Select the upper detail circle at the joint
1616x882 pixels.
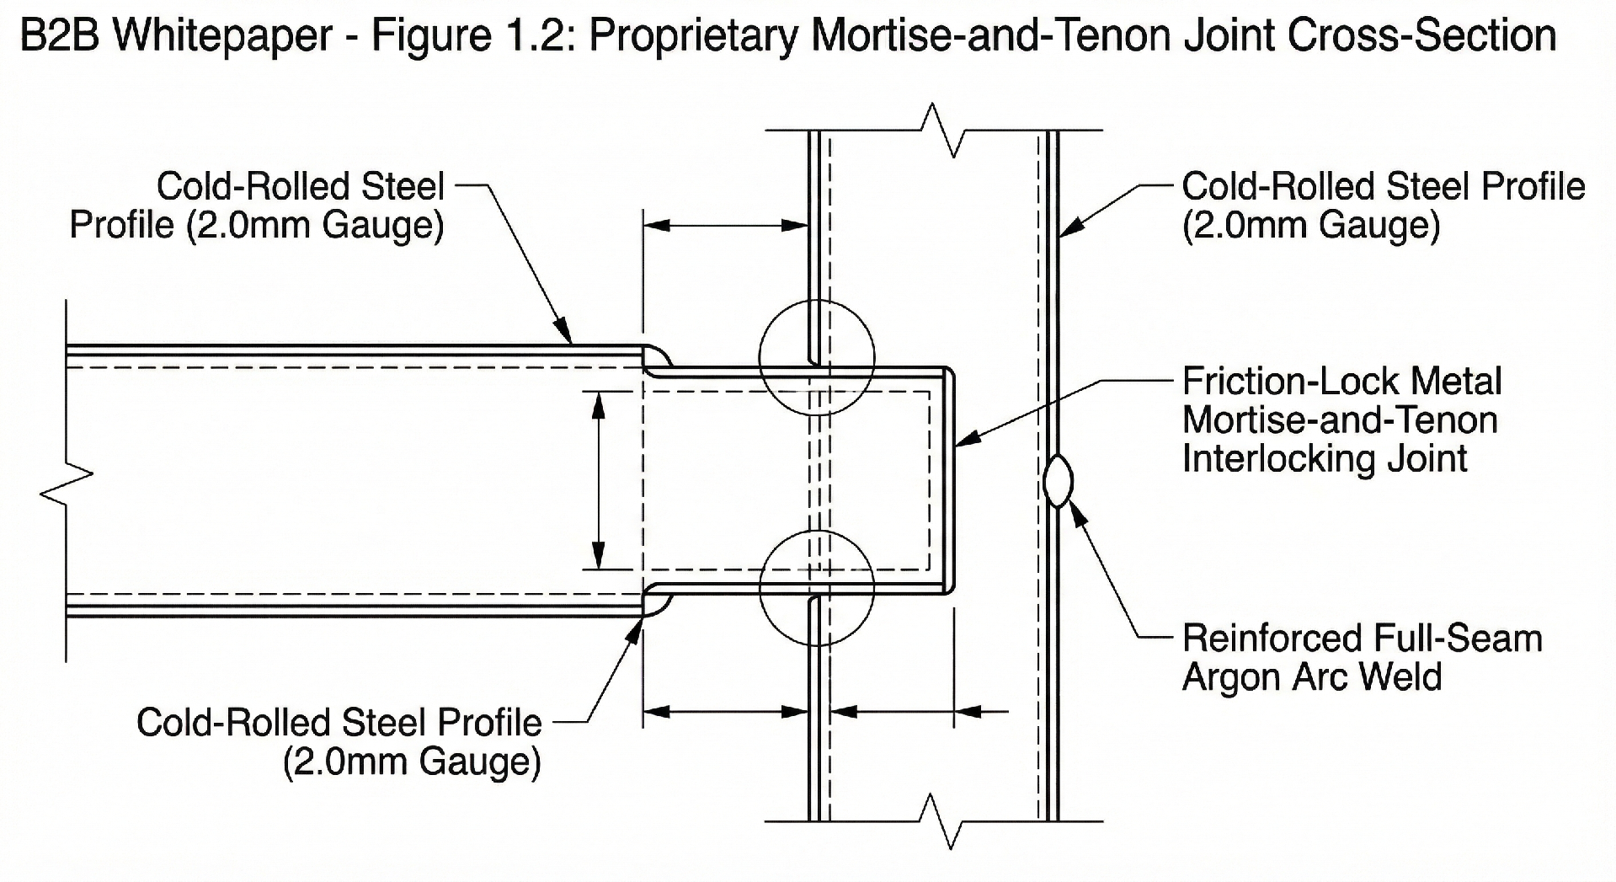760,358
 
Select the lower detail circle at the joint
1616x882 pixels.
760,589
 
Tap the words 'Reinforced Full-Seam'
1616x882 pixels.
1362,639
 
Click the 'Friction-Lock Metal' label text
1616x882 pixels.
1341,382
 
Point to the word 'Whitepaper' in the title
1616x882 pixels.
222,36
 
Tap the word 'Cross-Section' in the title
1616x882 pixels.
1421,35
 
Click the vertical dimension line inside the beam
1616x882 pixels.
599,480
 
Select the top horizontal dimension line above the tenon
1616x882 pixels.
726,225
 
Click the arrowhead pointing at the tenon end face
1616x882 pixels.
968,438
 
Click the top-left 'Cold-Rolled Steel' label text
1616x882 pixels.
301,186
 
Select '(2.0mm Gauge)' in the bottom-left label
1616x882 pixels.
412,762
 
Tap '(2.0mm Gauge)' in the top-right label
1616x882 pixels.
1311,225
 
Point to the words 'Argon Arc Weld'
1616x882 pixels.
1312,677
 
